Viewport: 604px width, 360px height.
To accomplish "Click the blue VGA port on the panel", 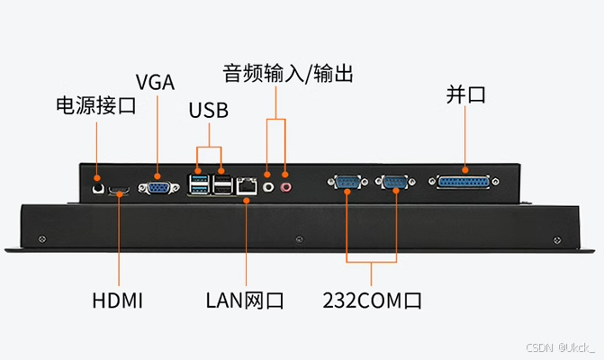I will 158,187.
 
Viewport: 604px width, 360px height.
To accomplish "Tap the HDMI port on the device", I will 118,190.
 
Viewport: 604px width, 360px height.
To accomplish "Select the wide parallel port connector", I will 465,183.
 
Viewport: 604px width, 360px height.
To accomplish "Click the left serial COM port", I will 347,184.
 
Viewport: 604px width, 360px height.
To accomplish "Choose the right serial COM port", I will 393,184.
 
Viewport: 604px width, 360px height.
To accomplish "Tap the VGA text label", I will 155,81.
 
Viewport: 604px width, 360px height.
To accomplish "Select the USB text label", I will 209,111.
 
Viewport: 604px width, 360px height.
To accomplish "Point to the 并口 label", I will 465,95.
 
